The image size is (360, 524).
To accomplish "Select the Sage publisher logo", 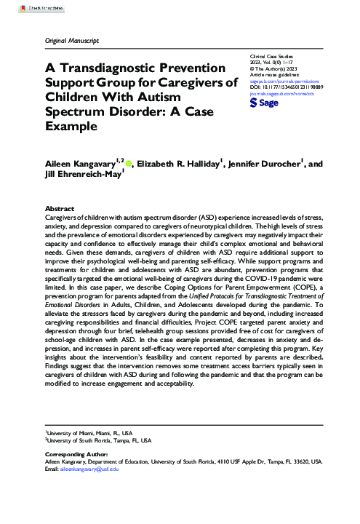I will (x=264, y=104).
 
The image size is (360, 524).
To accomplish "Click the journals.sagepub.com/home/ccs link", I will (x=284, y=94).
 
